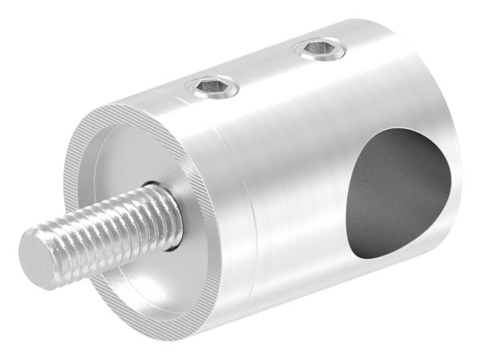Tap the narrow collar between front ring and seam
pyautogui.click(x=216, y=241)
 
